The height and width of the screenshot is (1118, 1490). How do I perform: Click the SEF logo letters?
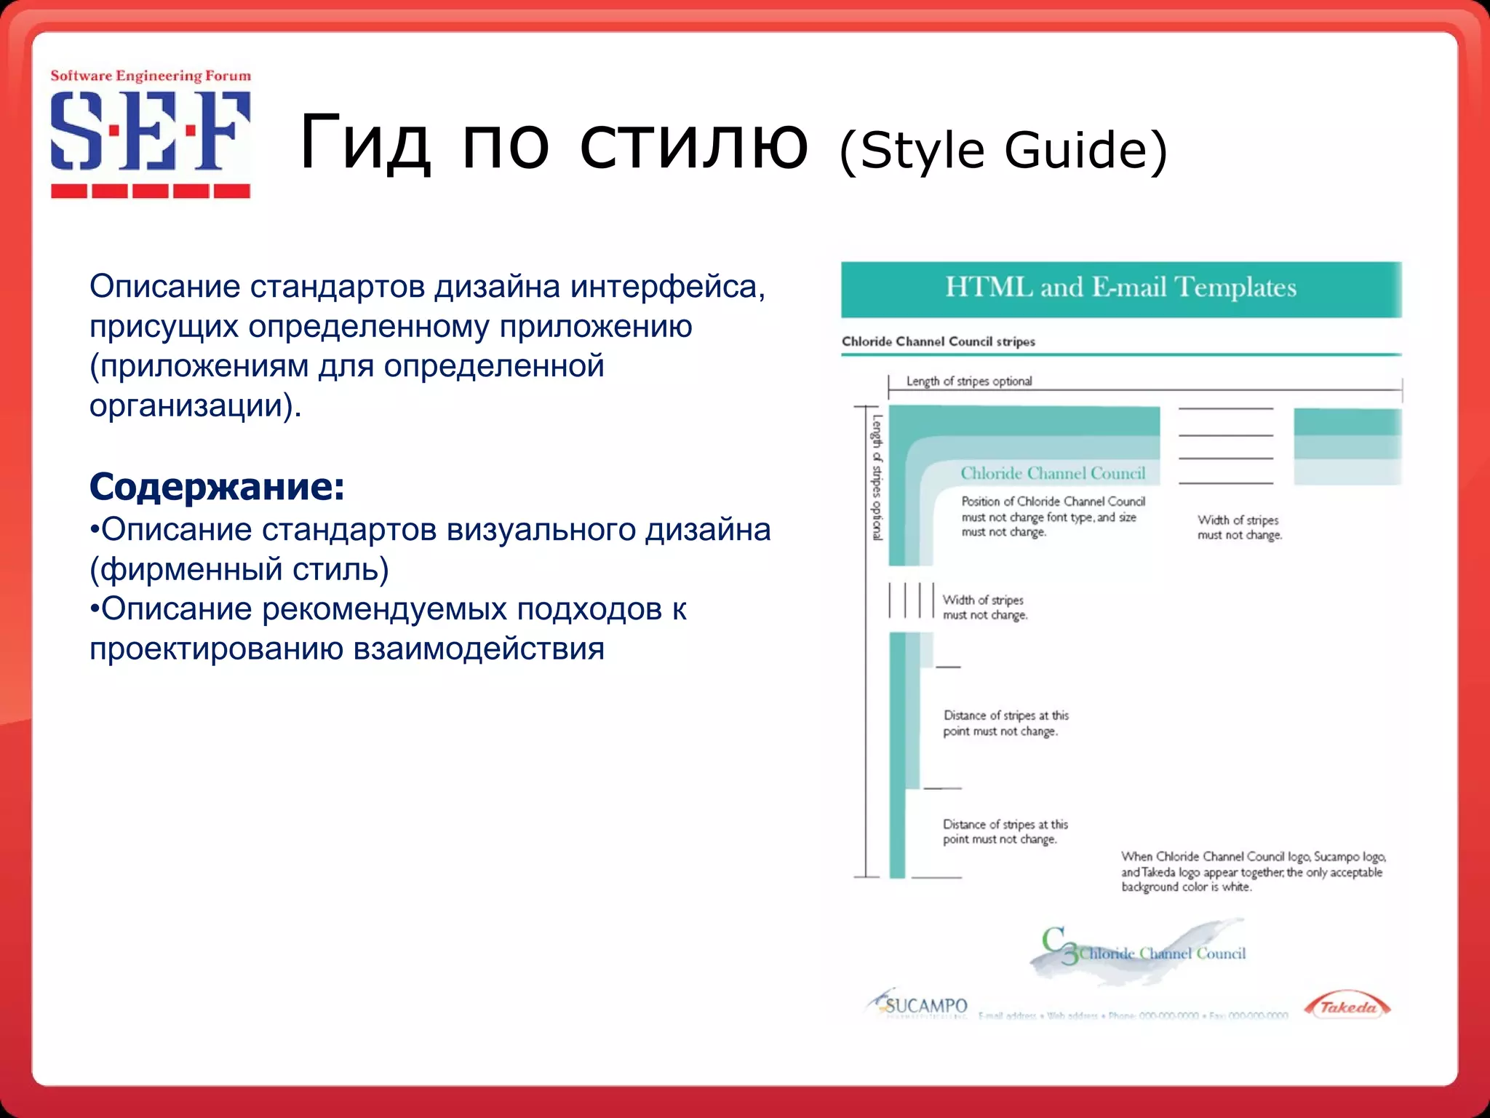pyautogui.click(x=150, y=131)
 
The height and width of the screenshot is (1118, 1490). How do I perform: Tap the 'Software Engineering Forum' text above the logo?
pyautogui.click(x=151, y=76)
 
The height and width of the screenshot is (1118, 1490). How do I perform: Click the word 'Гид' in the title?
pyautogui.click(x=364, y=143)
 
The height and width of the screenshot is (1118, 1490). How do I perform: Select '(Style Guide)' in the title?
pyautogui.click(x=1003, y=150)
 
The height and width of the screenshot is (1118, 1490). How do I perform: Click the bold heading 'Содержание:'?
pyautogui.click(x=217, y=486)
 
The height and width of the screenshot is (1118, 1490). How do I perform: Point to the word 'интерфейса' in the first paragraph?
pyautogui.click(x=666, y=287)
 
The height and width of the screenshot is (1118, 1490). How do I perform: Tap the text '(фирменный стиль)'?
pyautogui.click(x=239, y=569)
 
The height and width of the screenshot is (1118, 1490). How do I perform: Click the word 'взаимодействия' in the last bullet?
pyautogui.click(x=478, y=649)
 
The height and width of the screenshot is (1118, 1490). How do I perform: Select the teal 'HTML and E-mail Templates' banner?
pyautogui.click(x=1120, y=288)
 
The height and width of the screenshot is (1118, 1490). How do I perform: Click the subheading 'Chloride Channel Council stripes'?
pyautogui.click(x=938, y=341)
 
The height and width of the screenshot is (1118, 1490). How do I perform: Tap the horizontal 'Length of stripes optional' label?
pyautogui.click(x=968, y=381)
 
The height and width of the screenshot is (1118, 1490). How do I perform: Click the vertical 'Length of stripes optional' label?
pyautogui.click(x=877, y=477)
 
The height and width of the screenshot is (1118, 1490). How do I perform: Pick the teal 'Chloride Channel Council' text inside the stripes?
pyautogui.click(x=1052, y=473)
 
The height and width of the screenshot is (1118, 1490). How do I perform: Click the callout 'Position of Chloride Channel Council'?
pyautogui.click(x=1052, y=501)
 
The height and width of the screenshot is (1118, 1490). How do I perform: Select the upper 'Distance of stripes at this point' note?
pyautogui.click(x=1005, y=723)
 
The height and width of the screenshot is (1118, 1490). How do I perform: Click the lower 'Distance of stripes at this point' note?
pyautogui.click(x=1005, y=831)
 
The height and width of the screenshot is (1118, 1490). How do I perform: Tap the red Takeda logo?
pyautogui.click(x=1347, y=1007)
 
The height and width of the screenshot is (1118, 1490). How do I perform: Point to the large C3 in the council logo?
pyautogui.click(x=1058, y=944)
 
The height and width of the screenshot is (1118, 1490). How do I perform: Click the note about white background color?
pyautogui.click(x=1252, y=871)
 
